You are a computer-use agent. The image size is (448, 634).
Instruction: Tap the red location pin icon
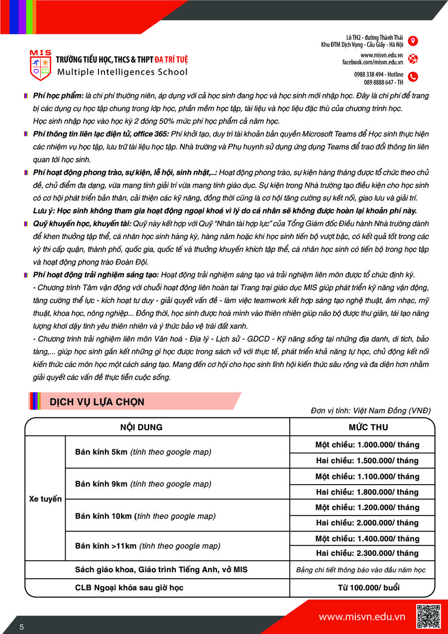413,41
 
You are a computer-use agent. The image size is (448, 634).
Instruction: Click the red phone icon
413,77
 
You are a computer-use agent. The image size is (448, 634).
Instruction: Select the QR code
428,616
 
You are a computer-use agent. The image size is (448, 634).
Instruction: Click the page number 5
22,627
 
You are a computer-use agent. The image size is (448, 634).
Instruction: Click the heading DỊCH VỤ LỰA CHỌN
97,402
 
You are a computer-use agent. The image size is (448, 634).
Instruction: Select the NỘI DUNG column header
141,427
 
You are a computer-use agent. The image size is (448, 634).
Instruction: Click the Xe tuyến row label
45,499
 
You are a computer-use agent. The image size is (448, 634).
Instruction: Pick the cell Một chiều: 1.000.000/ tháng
367,445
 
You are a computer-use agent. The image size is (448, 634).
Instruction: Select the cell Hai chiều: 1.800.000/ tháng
367,492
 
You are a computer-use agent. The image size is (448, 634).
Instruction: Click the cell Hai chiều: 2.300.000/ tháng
367,553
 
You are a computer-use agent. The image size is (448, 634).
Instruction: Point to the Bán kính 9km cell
143,484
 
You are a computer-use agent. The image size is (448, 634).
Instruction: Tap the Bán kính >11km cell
147,546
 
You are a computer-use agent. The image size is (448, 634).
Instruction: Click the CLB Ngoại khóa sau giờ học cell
129,588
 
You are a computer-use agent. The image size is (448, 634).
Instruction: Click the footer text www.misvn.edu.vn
362,617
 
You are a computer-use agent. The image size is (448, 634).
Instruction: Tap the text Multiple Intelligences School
122,72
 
